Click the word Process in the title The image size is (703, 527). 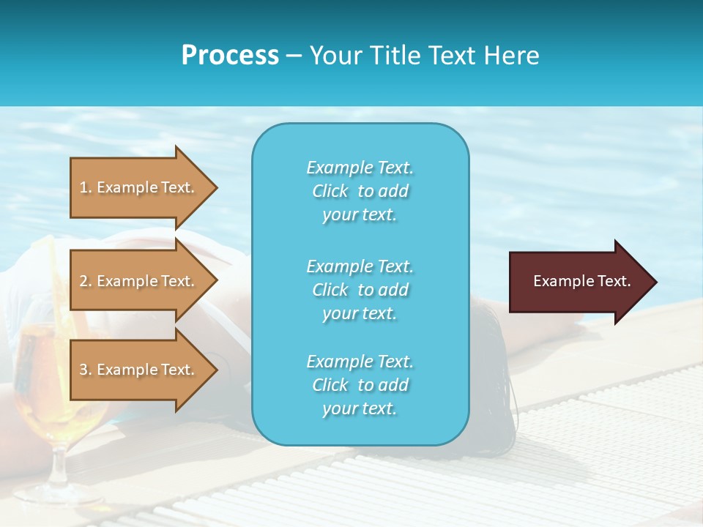pos(230,56)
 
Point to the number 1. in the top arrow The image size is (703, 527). pos(86,187)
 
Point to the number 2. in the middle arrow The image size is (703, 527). pos(86,281)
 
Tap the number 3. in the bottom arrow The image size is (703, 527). pos(86,370)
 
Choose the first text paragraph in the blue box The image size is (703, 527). pos(360,191)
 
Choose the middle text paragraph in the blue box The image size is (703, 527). pos(360,290)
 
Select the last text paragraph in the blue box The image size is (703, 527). pos(360,385)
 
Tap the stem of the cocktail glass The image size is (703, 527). pos(55,468)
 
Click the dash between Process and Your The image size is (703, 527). pos(294,56)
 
